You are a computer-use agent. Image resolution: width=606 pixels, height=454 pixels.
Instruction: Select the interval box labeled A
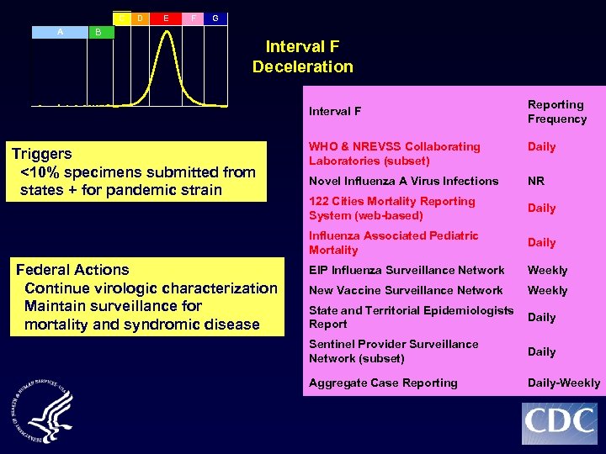(x=60, y=31)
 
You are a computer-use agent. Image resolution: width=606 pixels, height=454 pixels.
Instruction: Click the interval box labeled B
(x=98, y=32)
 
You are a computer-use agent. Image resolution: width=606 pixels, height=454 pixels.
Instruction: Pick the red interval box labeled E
(x=166, y=17)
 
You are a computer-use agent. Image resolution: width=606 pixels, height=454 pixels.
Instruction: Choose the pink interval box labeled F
(x=194, y=17)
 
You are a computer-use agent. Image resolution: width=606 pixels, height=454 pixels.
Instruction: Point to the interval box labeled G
(x=215, y=18)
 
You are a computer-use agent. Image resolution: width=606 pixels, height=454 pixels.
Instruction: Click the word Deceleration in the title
(x=302, y=66)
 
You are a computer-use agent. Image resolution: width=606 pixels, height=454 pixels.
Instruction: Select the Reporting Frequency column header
(x=556, y=111)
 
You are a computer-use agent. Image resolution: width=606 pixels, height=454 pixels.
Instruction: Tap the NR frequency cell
(x=535, y=181)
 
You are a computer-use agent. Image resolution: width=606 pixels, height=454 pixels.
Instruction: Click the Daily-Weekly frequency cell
(x=563, y=383)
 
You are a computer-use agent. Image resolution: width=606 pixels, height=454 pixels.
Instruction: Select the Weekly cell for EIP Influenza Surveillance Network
(x=547, y=270)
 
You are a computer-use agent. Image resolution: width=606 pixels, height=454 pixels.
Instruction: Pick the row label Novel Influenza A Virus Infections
(x=403, y=181)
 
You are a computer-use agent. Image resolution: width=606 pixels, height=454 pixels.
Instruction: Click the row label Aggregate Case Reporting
(x=383, y=383)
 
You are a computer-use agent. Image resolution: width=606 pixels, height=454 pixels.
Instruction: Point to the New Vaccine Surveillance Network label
(x=406, y=290)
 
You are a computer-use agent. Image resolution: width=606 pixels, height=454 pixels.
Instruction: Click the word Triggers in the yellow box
(x=41, y=154)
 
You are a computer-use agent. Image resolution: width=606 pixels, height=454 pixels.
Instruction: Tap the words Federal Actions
(x=72, y=270)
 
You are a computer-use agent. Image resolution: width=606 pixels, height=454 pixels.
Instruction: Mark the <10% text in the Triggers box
(x=38, y=172)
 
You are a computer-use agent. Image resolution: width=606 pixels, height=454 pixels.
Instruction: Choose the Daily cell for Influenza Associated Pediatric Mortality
(x=541, y=242)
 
